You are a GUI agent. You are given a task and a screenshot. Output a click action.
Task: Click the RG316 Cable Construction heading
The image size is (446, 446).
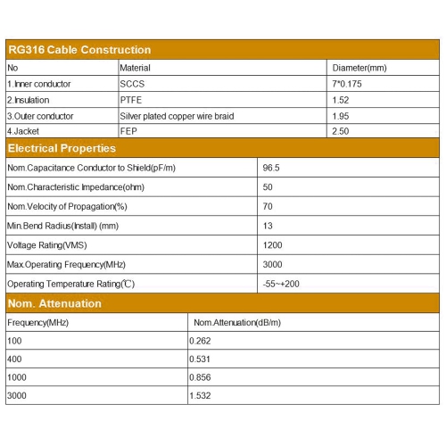[79, 50]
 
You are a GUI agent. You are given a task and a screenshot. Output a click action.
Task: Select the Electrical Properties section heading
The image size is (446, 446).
[62, 148]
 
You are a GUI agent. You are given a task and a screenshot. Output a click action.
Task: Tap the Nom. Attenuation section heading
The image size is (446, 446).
[54, 303]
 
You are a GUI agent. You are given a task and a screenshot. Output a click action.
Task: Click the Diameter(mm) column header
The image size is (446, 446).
[359, 68]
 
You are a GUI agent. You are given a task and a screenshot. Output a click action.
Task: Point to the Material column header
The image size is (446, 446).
[136, 68]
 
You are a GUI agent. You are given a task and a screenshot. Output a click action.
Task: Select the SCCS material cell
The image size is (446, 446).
[131, 84]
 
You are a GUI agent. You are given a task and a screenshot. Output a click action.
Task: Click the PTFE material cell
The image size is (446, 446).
[130, 100]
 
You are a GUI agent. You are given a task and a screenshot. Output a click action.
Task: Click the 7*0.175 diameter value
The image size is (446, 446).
[349, 84]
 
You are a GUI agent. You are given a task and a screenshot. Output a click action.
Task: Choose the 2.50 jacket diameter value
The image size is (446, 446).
[342, 132]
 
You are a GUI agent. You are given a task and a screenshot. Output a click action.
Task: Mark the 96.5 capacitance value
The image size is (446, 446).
[271, 167]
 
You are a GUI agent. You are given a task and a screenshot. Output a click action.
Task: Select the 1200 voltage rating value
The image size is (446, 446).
[272, 244]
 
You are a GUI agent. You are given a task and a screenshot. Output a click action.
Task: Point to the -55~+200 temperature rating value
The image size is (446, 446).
[281, 284]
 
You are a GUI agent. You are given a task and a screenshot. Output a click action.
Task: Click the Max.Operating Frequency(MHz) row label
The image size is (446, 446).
[67, 264]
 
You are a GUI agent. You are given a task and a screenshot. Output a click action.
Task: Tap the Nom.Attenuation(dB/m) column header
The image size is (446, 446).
[236, 322]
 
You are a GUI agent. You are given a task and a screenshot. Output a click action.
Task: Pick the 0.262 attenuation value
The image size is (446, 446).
[201, 342]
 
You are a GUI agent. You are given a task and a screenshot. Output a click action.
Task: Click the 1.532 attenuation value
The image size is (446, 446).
[201, 395]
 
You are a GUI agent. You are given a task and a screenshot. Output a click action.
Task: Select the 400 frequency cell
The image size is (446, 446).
[15, 359]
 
